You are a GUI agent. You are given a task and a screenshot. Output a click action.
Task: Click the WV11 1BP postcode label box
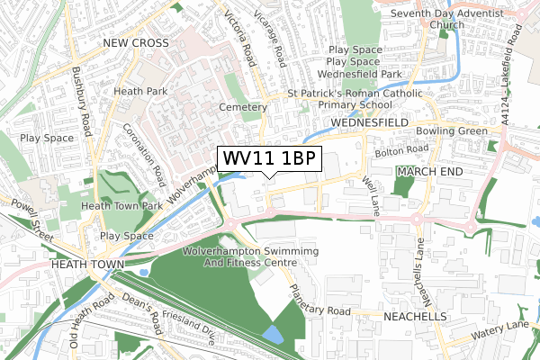pyautogui.click(x=269, y=158)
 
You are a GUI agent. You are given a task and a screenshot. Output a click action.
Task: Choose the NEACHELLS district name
pyautogui.click(x=410, y=318)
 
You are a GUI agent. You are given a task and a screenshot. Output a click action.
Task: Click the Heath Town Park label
pyautogui.click(x=121, y=206)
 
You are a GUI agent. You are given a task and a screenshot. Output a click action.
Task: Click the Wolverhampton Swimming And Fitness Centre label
pyautogui.click(x=238, y=257)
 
